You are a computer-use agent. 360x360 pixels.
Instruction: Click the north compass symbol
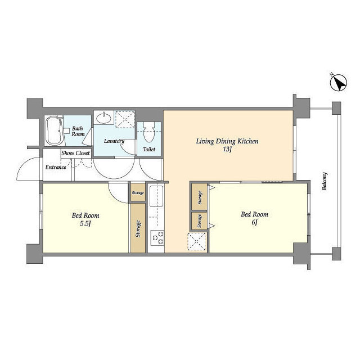338,83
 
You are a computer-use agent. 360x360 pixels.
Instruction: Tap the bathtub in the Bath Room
54,130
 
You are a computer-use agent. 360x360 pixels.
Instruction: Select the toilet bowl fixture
149,132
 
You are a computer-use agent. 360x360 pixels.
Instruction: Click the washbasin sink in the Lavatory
103,118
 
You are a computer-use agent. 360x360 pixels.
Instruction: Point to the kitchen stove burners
157,238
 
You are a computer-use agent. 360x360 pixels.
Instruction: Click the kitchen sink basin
156,196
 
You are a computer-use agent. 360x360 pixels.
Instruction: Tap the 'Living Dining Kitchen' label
227,141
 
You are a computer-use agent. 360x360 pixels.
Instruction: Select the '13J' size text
227,150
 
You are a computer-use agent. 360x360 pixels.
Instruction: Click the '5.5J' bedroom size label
85,223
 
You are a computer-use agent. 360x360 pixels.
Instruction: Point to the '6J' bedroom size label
254,222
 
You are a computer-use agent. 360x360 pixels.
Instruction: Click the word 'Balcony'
325,181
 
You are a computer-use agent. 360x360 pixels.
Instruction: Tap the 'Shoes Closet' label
75,153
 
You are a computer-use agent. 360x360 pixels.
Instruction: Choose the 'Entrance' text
56,167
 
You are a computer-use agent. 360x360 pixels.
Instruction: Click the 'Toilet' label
149,150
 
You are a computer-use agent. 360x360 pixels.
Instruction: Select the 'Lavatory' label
114,141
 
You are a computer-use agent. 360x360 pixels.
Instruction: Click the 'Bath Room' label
78,131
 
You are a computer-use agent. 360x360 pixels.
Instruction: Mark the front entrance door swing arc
22,164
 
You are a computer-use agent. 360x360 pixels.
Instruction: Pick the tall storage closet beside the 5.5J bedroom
138,228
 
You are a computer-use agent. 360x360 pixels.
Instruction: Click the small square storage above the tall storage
138,192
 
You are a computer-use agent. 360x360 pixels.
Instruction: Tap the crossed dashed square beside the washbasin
125,119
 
